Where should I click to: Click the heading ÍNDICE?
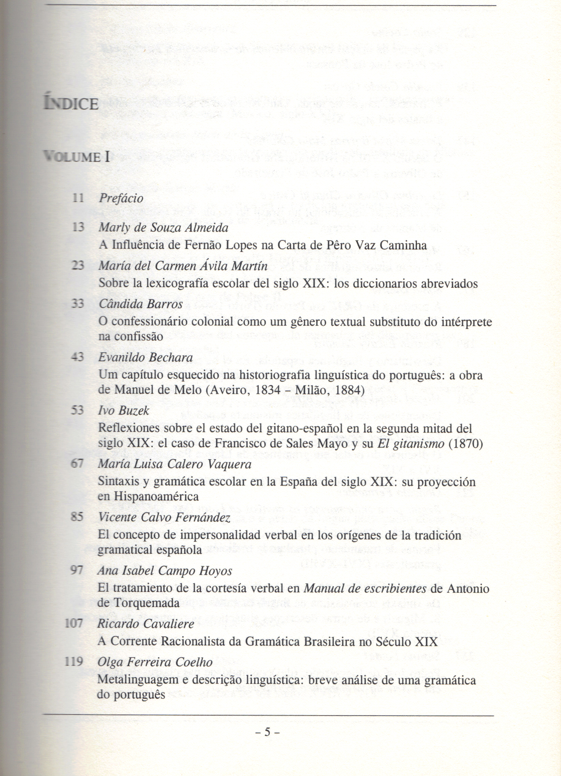point(71,103)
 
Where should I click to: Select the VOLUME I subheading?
point(76,157)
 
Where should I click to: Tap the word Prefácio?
point(121,198)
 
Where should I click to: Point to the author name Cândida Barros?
point(141,304)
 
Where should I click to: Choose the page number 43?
point(77,357)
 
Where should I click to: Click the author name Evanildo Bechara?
point(145,357)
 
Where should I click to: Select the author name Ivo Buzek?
point(124,411)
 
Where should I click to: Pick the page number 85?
point(77,517)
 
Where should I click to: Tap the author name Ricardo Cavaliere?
point(146,624)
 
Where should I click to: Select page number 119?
point(74,662)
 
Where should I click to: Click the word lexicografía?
point(187,284)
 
